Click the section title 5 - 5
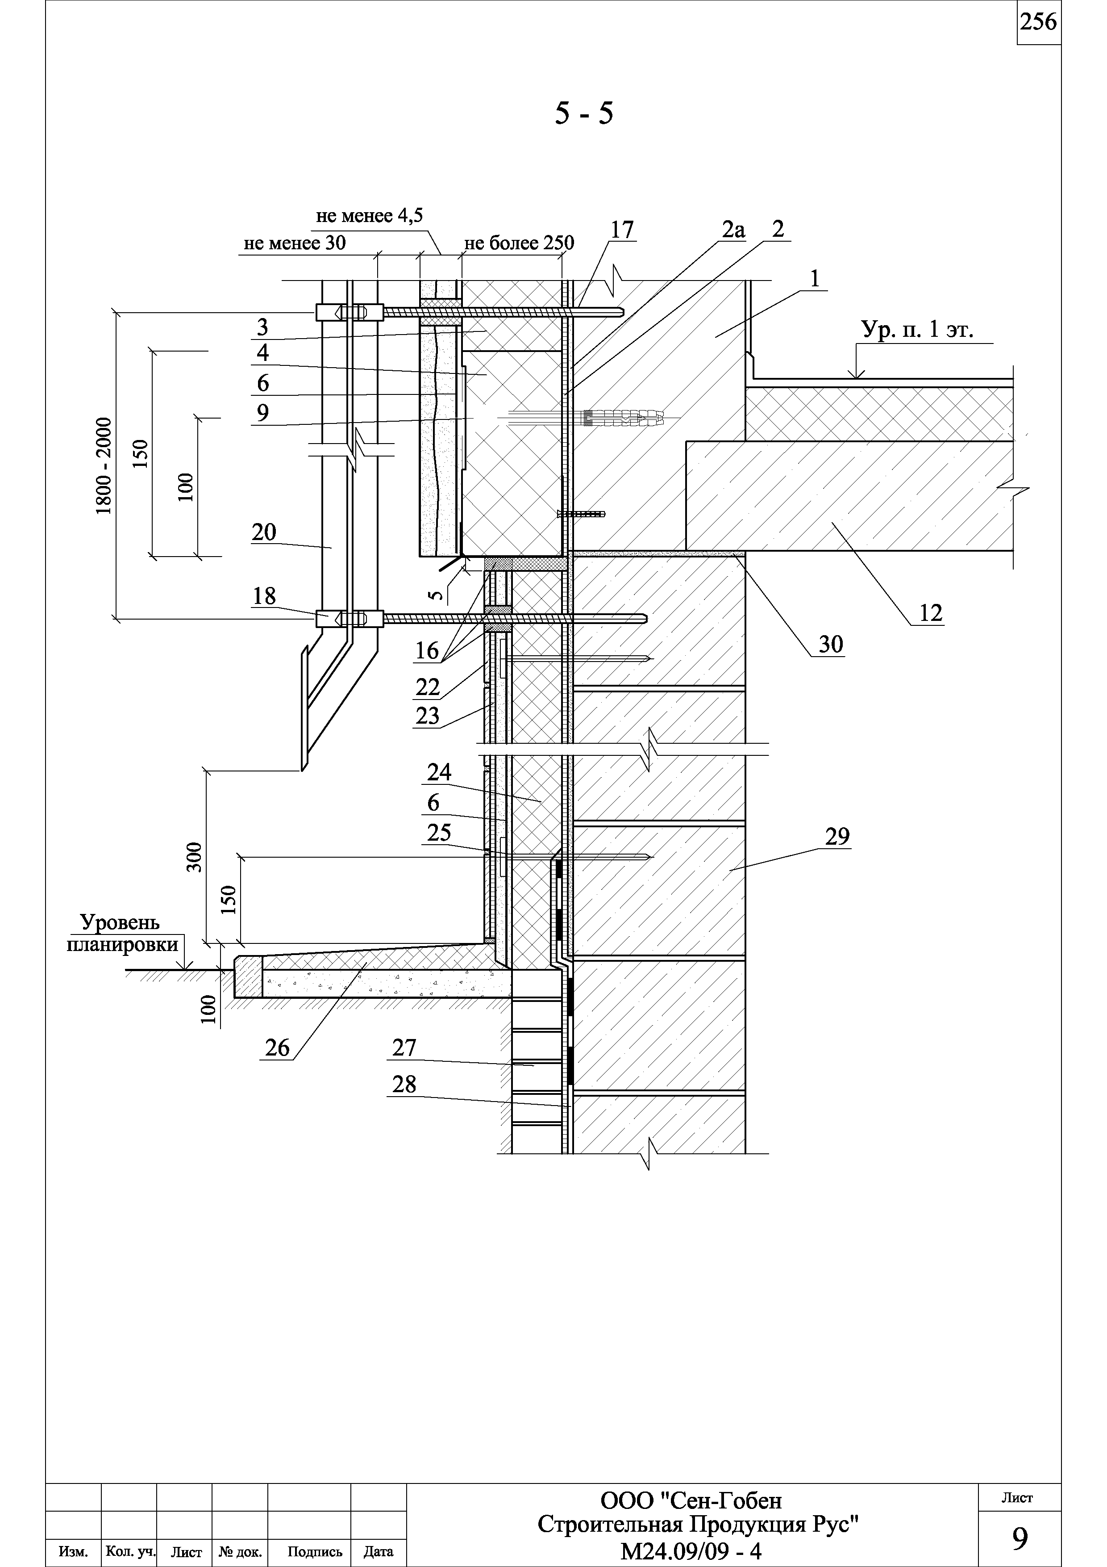[x=584, y=113]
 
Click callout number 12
[x=930, y=613]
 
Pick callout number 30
[x=830, y=644]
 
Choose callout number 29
[x=837, y=836]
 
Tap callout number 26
[x=277, y=1047]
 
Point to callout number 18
[x=264, y=596]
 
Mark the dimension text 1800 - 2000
[x=104, y=466]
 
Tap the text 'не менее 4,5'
[x=369, y=216]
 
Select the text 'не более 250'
[x=519, y=243]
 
